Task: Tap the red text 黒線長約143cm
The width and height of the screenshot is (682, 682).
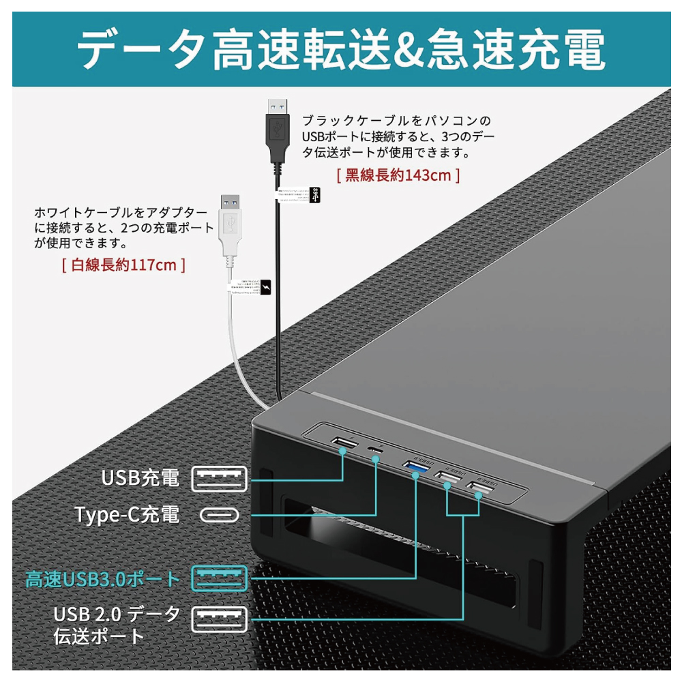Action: point(398,175)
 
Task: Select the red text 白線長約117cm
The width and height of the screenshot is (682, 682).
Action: point(123,265)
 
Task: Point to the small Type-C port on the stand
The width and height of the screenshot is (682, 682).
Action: point(374,449)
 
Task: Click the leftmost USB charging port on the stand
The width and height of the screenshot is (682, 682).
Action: point(343,445)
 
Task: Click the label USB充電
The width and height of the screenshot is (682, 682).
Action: point(140,478)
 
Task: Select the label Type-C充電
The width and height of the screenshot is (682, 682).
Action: point(128,514)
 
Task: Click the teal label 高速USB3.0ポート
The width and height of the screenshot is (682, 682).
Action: point(103,580)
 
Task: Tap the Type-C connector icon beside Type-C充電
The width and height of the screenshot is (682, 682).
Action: point(220,515)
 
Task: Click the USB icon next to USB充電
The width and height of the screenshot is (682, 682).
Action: point(220,479)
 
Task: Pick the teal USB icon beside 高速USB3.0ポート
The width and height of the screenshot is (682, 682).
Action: point(220,579)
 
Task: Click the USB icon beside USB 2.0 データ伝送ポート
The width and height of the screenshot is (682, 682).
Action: point(220,619)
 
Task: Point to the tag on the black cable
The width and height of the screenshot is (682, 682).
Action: point(313,195)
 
